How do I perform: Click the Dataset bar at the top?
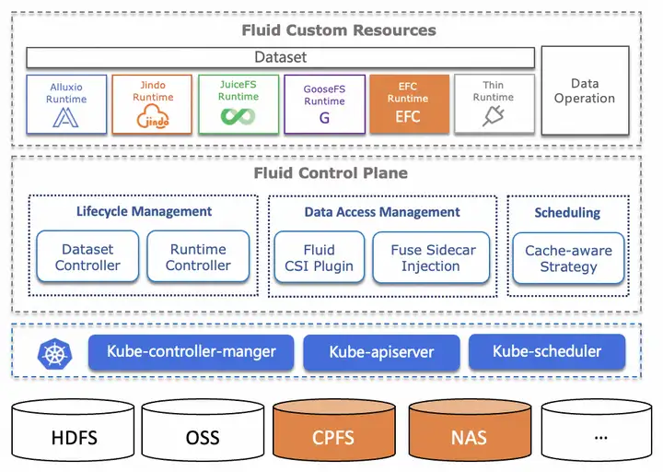[x=280, y=57]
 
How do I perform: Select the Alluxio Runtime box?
[x=66, y=104]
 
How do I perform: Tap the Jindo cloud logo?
[x=153, y=116]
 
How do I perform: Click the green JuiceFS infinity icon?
[x=238, y=116]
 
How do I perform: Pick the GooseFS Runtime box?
[x=325, y=104]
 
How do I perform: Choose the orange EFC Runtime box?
[x=409, y=104]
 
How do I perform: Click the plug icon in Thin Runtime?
[x=493, y=115]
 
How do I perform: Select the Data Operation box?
[x=586, y=90]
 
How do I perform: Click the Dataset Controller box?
[x=87, y=256]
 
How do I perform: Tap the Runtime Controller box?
[x=198, y=256]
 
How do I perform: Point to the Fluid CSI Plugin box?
[x=320, y=257]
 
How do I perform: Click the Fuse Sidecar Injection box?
[x=431, y=257]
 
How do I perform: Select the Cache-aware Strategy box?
[x=569, y=258]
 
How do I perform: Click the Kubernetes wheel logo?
[x=54, y=353]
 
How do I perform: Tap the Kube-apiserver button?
[x=381, y=352]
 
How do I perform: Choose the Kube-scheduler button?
[x=547, y=351]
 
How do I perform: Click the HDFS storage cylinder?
[x=73, y=430]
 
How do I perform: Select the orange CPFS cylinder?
[x=334, y=430]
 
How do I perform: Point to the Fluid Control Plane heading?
[x=331, y=173]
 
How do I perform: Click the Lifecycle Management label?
[x=144, y=211]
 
